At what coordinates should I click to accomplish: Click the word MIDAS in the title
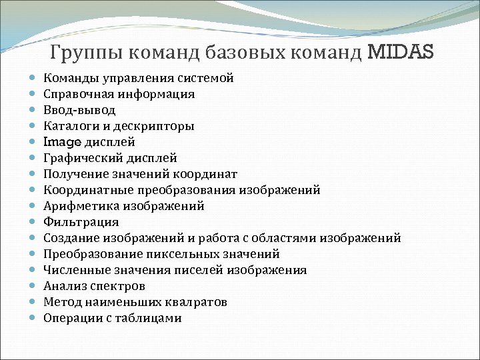[x=400, y=51]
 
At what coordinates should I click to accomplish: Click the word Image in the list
[x=62, y=142]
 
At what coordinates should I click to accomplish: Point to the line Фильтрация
[x=81, y=222]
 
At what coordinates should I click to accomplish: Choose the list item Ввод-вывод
[x=79, y=110]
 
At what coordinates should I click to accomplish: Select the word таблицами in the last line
[x=148, y=318]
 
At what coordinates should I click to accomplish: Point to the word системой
[x=206, y=78]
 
